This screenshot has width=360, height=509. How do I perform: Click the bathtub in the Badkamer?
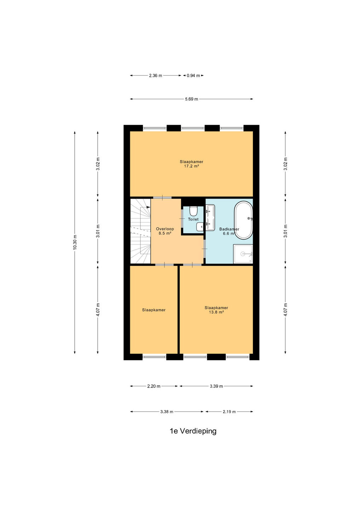coord(243,220)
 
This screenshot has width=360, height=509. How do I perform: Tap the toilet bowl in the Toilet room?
coord(194,211)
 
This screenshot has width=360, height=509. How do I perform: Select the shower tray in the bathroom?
coord(243,253)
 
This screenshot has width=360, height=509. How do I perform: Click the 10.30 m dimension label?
coord(75,242)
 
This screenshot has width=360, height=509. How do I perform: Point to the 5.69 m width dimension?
coord(191,99)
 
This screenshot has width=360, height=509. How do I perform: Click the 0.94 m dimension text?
coord(193,76)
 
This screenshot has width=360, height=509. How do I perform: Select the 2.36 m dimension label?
coord(156,76)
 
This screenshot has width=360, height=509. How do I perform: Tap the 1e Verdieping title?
coord(193,431)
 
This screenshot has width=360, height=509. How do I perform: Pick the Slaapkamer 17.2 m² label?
coord(191,164)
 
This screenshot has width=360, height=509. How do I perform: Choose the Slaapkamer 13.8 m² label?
coord(216,310)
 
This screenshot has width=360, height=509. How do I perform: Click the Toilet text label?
coord(193,219)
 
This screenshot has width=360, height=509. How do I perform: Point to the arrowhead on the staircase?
coord(148,207)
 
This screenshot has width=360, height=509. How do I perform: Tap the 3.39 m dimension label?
coord(216,386)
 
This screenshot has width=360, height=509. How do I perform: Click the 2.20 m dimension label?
coord(154,386)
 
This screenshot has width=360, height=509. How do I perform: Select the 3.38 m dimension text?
coord(167,412)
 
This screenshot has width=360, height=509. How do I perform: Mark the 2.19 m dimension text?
coord(229,412)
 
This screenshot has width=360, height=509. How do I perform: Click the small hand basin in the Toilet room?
coord(200,227)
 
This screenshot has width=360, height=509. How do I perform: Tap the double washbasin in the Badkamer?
coord(210,218)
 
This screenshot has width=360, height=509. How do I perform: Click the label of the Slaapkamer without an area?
coord(153,310)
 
